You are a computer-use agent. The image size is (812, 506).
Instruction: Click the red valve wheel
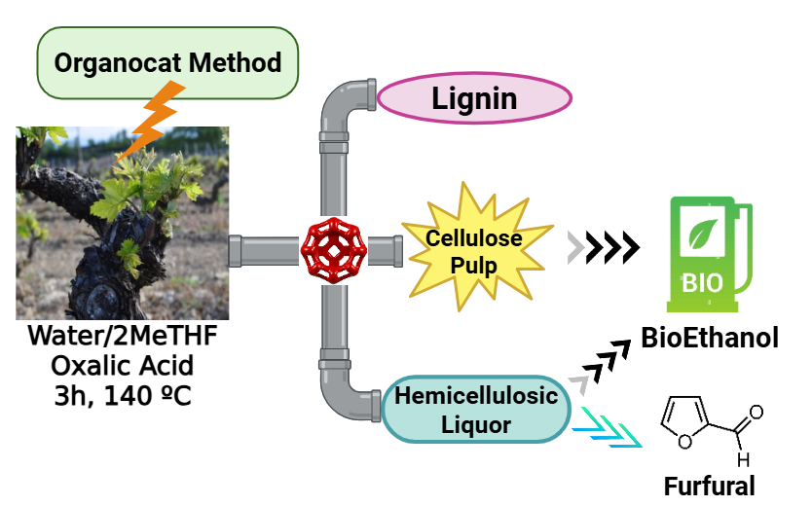point(329,250)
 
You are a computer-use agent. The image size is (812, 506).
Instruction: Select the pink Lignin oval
point(473,98)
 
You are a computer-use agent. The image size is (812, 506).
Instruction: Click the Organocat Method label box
point(167,64)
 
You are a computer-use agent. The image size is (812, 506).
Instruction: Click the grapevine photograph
point(122,223)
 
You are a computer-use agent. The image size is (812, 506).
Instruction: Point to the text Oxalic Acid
point(123,366)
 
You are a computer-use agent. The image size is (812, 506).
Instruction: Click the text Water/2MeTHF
point(123,338)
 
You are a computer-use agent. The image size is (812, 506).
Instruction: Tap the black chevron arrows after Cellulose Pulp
point(613,250)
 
